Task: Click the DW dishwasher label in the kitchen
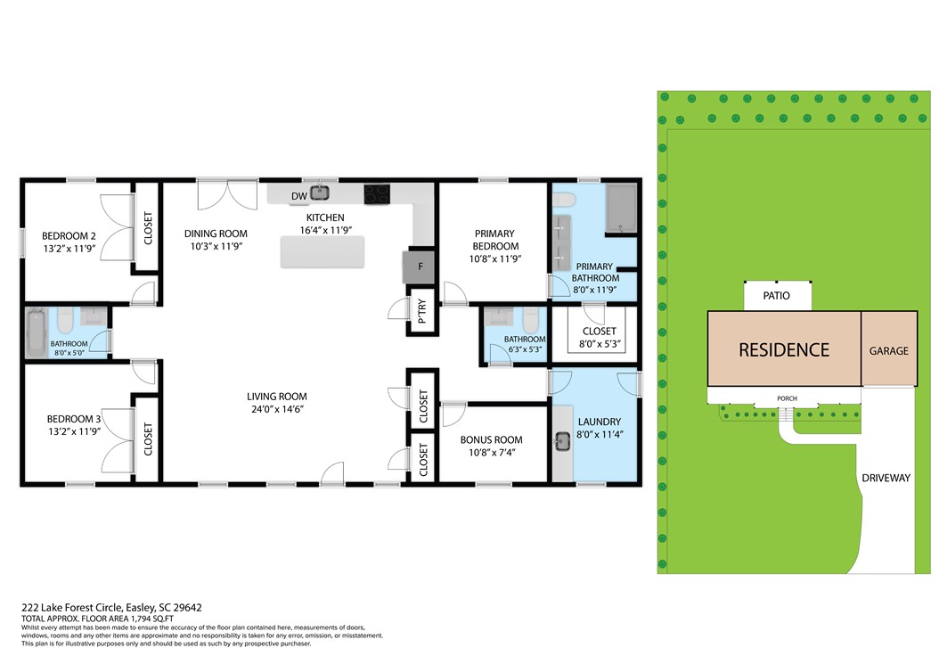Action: point(298,196)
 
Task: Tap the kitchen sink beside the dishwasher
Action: point(320,193)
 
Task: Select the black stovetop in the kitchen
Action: point(377,194)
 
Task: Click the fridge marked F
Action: point(420,266)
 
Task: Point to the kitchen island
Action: point(323,251)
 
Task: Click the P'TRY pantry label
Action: point(421,312)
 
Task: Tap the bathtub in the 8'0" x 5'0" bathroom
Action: point(37,332)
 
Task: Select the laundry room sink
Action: point(562,442)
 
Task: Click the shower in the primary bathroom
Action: point(620,208)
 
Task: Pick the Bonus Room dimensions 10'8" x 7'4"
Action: point(492,453)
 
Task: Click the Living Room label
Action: point(277,396)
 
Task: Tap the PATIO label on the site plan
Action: point(776,295)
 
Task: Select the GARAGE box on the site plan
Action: point(889,348)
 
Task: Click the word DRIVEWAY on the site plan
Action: point(886,478)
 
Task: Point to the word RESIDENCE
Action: point(784,350)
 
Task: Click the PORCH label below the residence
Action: point(787,398)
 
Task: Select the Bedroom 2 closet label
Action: point(148,228)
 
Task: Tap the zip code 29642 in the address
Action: point(187,607)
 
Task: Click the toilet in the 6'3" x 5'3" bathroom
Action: point(531,321)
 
